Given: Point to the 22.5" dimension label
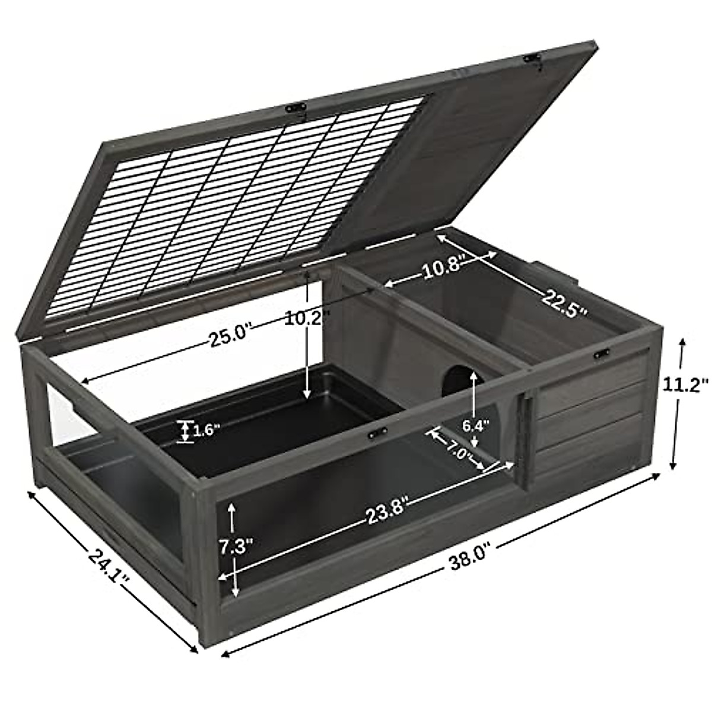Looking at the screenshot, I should (x=564, y=304).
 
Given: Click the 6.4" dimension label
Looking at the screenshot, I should (x=475, y=425).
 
